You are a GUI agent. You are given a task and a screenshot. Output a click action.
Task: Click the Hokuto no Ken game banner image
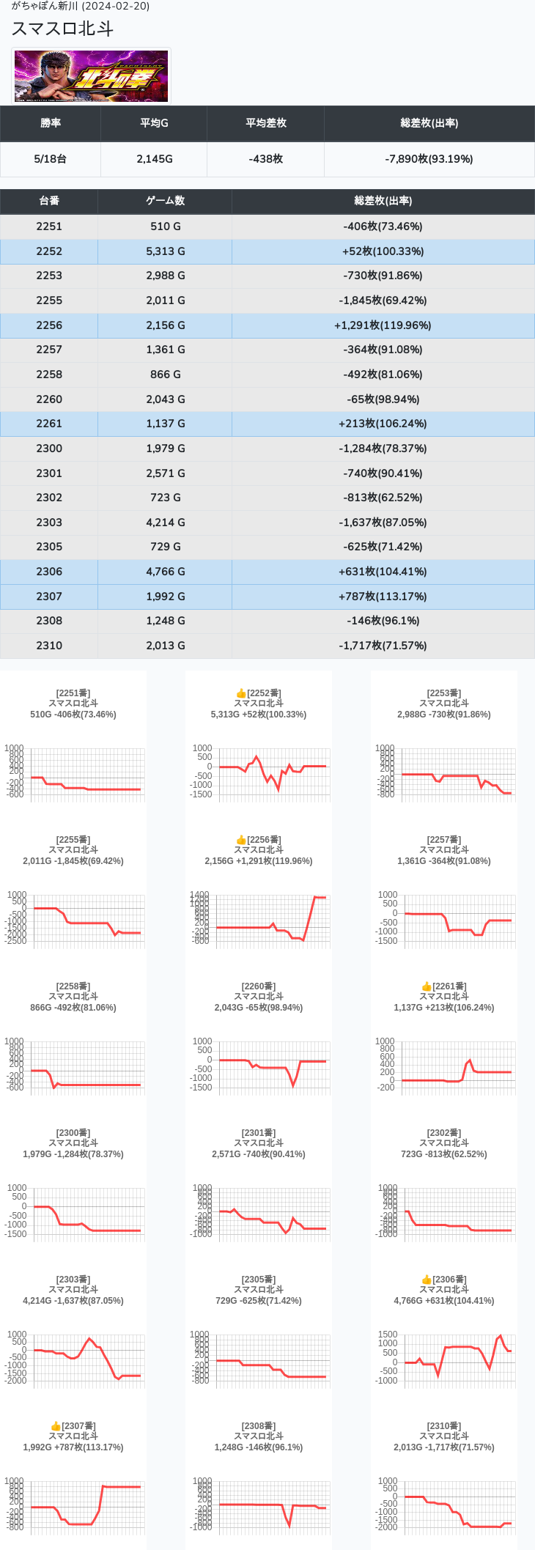92,76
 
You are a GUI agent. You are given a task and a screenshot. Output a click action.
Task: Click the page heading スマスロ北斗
62,29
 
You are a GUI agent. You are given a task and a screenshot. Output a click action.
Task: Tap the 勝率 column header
51,123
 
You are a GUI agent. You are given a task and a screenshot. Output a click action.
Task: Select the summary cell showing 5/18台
51,159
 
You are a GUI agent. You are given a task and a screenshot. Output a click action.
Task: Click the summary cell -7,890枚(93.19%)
429,159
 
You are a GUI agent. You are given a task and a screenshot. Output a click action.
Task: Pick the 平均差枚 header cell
265,123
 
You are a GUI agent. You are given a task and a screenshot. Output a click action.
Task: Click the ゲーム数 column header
165,201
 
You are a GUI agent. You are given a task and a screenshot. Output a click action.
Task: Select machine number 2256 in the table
49,325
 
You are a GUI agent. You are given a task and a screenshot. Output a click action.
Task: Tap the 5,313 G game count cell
165,251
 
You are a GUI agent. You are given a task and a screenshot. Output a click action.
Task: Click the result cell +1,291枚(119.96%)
383,325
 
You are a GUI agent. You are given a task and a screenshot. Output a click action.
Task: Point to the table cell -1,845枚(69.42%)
383,300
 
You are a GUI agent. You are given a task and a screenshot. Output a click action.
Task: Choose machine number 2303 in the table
49,523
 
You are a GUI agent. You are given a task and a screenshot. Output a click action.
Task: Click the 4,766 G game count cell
165,572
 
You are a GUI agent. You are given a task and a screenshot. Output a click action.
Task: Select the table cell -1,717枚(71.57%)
383,646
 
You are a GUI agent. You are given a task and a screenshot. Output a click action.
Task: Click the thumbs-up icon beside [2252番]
241,693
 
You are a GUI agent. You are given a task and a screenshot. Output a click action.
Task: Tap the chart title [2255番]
73,840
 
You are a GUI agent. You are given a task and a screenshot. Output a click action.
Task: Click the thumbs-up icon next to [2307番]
56,1426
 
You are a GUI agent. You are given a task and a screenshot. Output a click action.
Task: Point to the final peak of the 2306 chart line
500,1336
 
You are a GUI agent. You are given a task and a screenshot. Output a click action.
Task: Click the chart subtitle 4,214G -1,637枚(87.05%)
73,1301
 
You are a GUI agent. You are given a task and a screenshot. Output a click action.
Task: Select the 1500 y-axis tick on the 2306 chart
388,1335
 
